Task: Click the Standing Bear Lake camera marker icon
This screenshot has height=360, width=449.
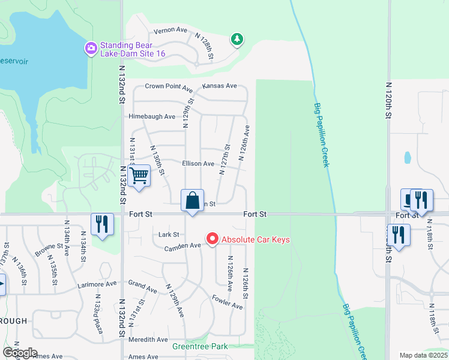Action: coord(91,48)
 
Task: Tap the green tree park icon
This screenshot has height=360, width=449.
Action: coord(238,40)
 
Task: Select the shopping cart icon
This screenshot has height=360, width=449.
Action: coord(139,176)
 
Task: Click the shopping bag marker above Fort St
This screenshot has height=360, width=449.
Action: coord(192,200)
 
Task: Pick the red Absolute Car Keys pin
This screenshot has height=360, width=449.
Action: coord(212,239)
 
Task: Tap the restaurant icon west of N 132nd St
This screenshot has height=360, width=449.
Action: coord(102,224)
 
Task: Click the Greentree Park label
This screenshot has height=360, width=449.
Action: coord(200,347)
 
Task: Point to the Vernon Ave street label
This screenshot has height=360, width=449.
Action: coord(170,30)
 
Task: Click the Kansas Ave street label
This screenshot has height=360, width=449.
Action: coord(220,86)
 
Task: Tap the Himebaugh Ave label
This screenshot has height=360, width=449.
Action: coord(151,116)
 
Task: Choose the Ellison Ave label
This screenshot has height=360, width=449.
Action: coord(198,163)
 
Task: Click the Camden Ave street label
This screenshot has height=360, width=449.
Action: coord(183,245)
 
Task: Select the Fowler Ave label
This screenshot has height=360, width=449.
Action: coord(228,302)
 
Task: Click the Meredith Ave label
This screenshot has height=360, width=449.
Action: coord(148,340)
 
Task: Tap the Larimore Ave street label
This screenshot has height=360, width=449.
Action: coord(97,286)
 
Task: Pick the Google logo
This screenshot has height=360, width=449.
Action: coord(20,353)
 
